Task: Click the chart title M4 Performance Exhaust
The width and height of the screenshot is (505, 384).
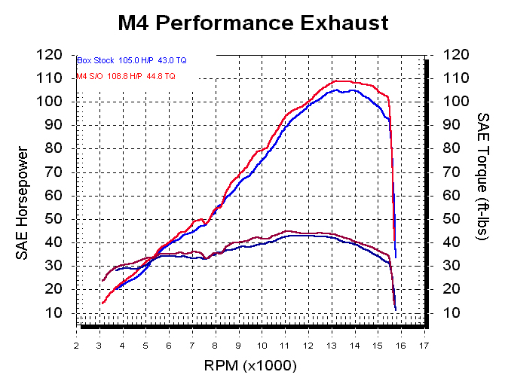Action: pos(253,23)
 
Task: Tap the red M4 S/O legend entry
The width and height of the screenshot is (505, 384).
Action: pos(127,76)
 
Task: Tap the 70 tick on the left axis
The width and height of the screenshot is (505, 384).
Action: pos(62,172)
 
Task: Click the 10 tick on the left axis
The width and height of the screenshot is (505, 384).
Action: pos(62,313)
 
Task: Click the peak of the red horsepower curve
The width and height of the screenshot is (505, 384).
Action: pos(341,81)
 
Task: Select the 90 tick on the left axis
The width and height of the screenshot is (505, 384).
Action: pos(62,125)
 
